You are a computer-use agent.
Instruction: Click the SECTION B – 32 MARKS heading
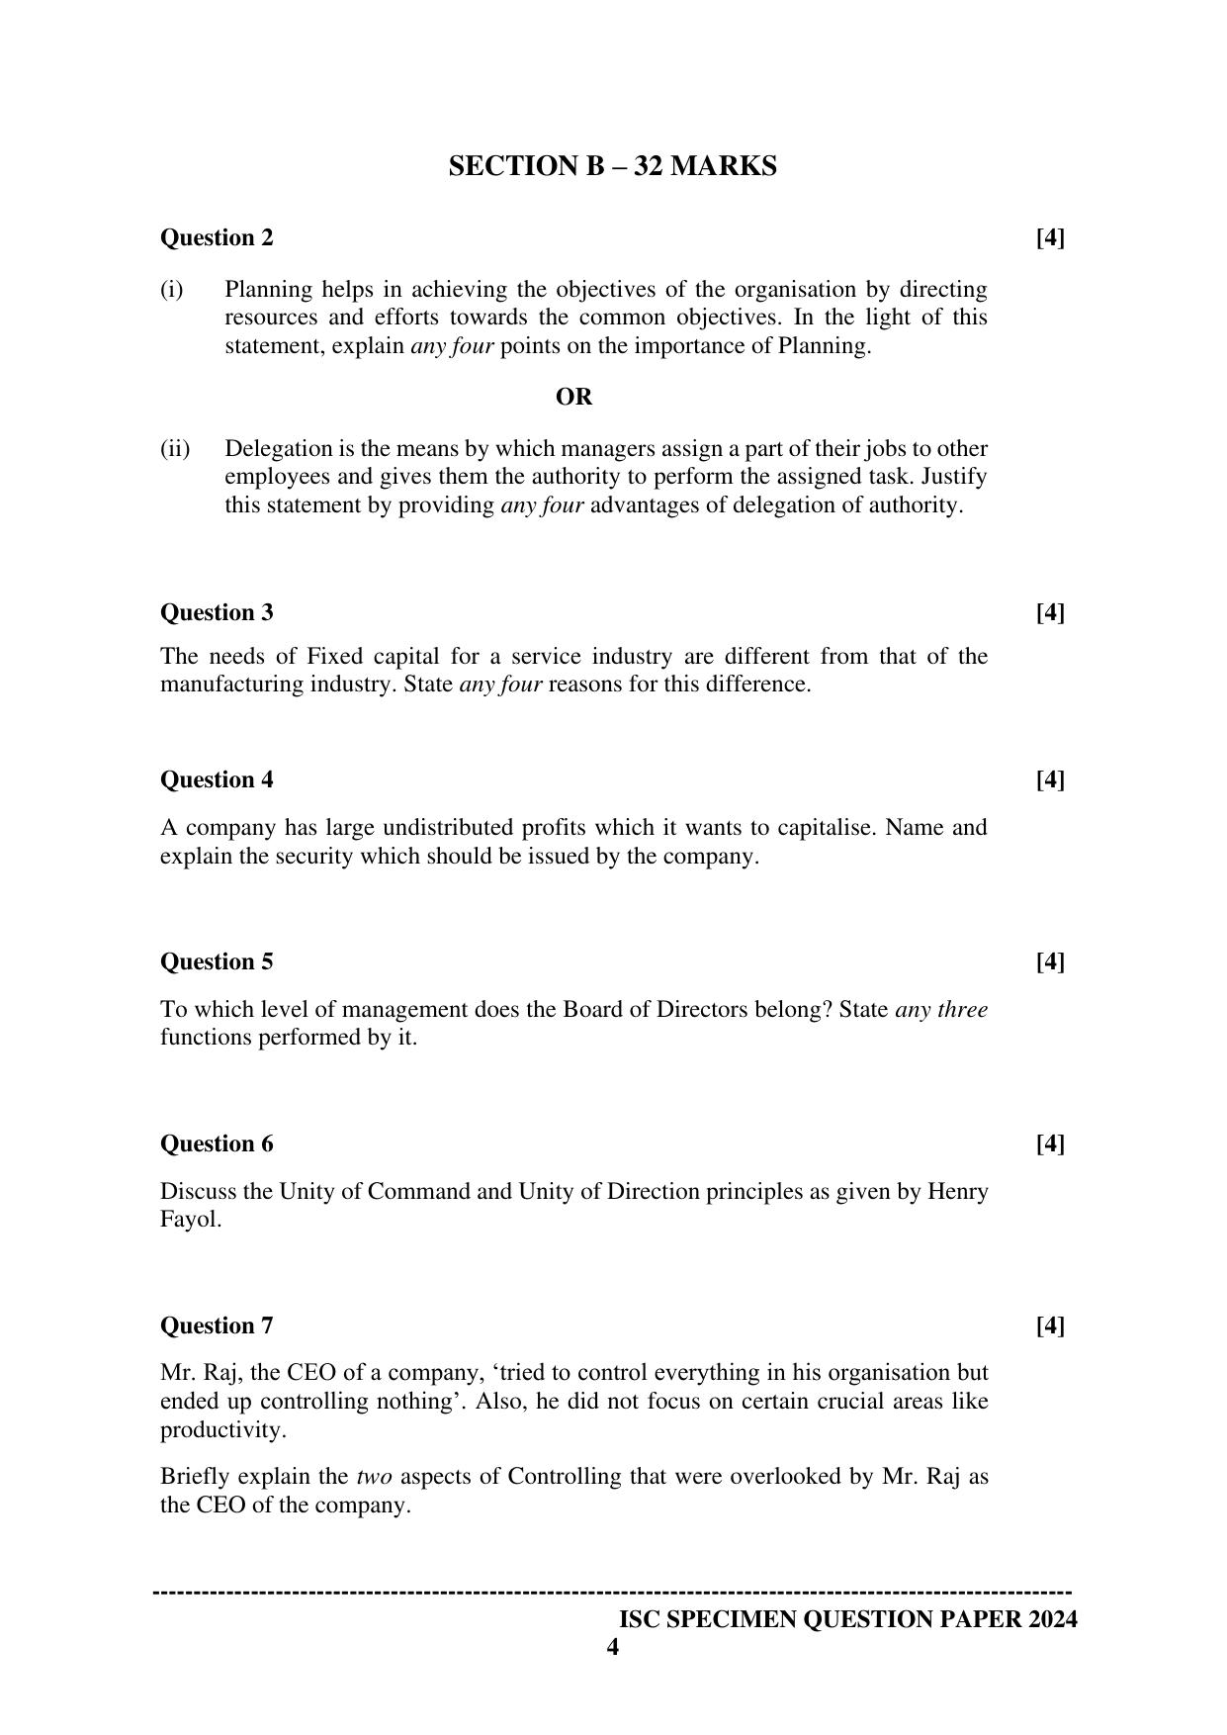[612, 166]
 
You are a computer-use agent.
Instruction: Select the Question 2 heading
[217, 237]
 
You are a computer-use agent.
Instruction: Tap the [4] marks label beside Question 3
[1050, 612]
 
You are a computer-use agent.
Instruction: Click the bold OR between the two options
[573, 397]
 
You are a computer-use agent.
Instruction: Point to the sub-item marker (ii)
[175, 448]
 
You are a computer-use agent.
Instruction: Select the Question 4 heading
[217, 779]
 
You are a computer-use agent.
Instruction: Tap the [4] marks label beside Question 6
[1050, 1143]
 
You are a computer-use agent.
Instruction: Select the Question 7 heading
[217, 1325]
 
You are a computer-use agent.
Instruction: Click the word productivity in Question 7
[221, 1429]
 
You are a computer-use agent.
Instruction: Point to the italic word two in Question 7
[374, 1477]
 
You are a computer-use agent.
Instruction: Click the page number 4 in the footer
[613, 1648]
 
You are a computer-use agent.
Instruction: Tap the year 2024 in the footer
[1051, 1619]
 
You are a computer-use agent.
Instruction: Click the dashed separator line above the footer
[613, 1593]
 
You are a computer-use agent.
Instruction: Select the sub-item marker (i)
[172, 289]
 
